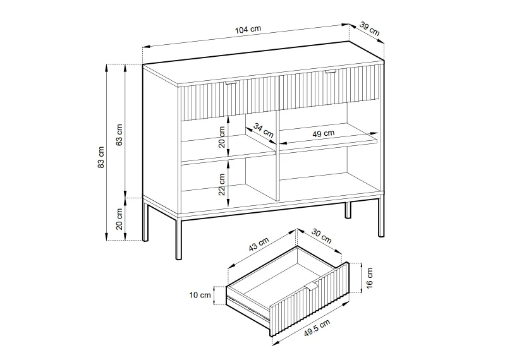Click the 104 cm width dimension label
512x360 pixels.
[x=248, y=30]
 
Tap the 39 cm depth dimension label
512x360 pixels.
[x=370, y=28]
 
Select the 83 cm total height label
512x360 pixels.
[x=101, y=157]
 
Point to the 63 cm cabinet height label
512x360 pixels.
[x=119, y=135]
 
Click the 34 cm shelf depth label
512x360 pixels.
[x=264, y=130]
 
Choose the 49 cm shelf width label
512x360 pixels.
[x=323, y=133]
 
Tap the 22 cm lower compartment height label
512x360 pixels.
[x=222, y=184]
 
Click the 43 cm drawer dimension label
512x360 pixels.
[x=259, y=244]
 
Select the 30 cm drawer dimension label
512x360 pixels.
[x=321, y=236]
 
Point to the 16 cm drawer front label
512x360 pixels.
[x=369, y=278]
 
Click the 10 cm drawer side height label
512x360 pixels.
[x=200, y=296]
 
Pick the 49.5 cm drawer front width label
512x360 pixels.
[x=317, y=328]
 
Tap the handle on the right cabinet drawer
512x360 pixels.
[x=331, y=71]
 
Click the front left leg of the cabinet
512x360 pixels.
[x=179, y=239]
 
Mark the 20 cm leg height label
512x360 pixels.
[x=119, y=219]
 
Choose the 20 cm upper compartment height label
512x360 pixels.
[x=222, y=137]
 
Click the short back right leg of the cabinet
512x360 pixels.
[x=348, y=210]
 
